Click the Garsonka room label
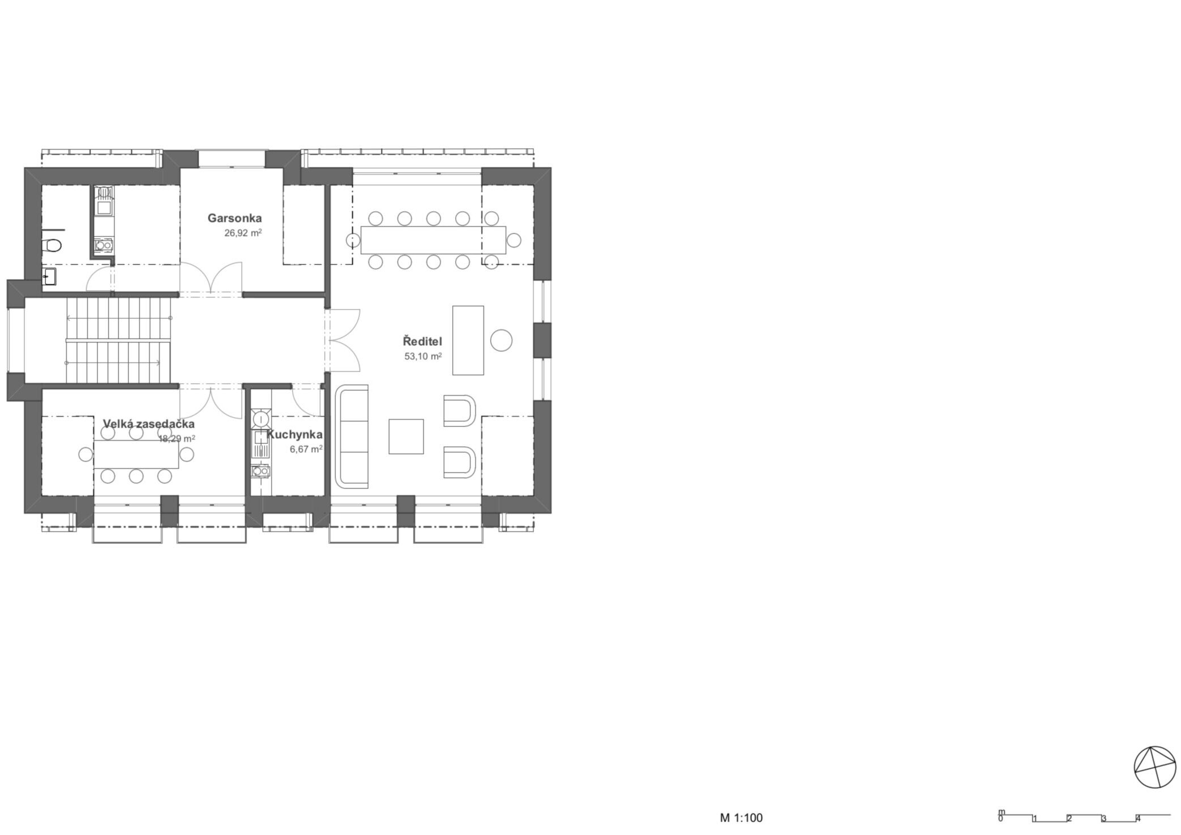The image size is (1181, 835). (x=234, y=218)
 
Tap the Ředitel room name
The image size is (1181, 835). (x=422, y=341)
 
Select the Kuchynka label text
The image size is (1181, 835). (x=294, y=435)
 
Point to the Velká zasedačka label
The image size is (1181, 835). (x=149, y=424)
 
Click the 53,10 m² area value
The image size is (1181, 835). (x=422, y=357)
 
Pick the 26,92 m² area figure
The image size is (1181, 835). (x=243, y=233)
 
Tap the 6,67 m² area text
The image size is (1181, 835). (x=306, y=449)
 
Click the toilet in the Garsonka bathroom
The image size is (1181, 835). (x=52, y=245)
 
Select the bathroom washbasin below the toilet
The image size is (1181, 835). (x=49, y=277)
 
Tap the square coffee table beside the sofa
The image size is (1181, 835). (x=406, y=436)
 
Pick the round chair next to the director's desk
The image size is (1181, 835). (x=501, y=340)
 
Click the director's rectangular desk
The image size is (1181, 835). (x=468, y=340)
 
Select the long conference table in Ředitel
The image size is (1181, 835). (x=433, y=240)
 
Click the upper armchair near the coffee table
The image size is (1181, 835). (x=459, y=410)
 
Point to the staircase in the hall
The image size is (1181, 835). (x=118, y=340)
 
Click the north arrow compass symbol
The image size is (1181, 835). (x=1155, y=767)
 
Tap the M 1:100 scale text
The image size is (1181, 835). (x=741, y=817)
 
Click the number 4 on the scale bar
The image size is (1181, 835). (x=1138, y=817)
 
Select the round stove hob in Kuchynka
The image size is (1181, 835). (x=261, y=419)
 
